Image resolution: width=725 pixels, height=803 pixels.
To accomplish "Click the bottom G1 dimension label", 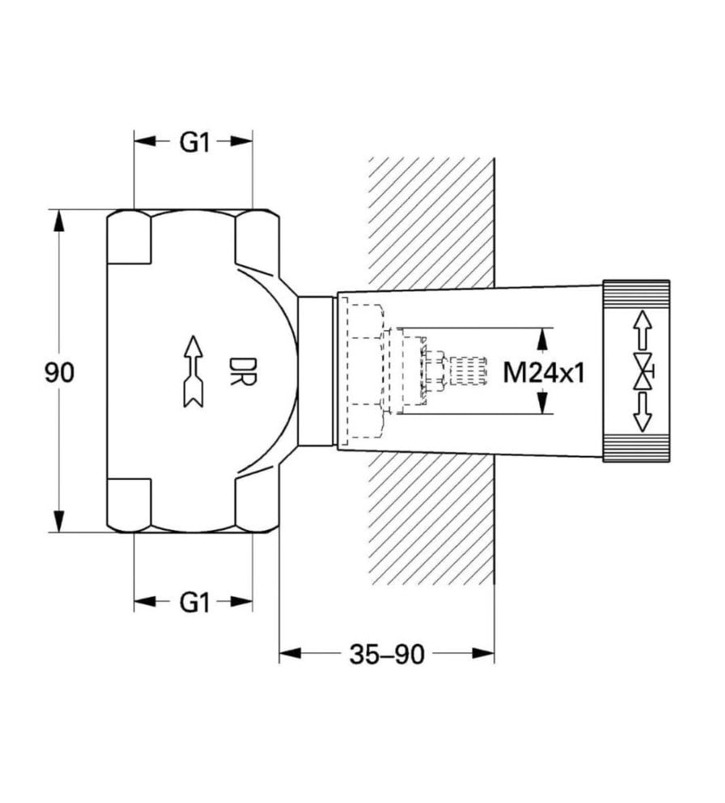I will pyautogui.click(x=194, y=602).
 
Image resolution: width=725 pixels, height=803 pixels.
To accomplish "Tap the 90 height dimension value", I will pyautogui.click(x=59, y=372).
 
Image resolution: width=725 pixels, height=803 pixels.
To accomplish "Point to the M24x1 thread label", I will pyautogui.click(x=543, y=373).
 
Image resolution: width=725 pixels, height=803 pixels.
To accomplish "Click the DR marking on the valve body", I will pyautogui.click(x=241, y=372).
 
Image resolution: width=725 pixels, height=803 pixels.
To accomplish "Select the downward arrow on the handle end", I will pyautogui.click(x=642, y=415).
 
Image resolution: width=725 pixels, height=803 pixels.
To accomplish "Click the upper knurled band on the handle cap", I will pyautogui.click(x=637, y=292).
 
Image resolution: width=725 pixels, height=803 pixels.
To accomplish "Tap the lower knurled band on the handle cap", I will pyautogui.click(x=637, y=449).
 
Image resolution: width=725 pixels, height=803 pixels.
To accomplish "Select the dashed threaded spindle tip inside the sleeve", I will pyautogui.click(x=465, y=372).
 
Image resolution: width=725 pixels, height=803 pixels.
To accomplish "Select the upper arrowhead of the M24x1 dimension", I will pyautogui.click(x=543, y=338).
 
